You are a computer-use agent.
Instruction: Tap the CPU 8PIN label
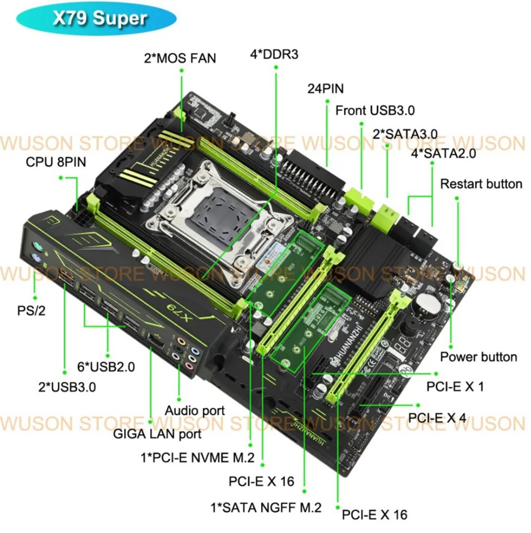(56, 162)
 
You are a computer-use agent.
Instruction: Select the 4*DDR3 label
(274, 54)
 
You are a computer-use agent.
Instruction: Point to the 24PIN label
(325, 89)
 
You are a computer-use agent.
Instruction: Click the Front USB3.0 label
(375, 110)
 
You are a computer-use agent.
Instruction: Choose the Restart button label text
(481, 184)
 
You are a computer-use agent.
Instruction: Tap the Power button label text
(478, 357)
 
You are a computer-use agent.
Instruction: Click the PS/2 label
(31, 311)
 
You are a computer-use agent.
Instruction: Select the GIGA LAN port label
(157, 434)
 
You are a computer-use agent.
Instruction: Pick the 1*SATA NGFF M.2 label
(266, 507)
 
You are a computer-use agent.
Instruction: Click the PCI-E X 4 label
(437, 418)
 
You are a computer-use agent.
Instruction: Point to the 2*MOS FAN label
(180, 58)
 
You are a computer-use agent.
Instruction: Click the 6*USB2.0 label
(106, 367)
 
